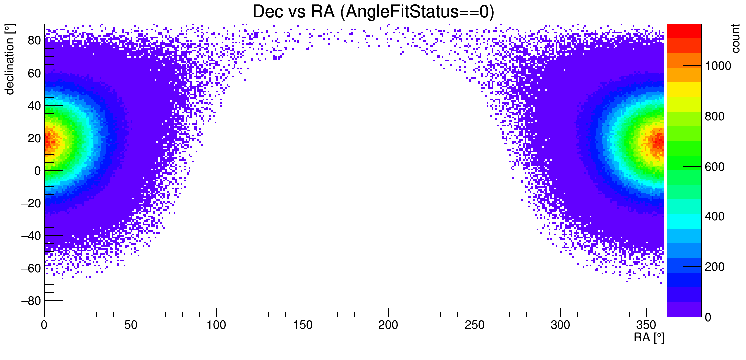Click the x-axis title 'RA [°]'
tap(649, 337)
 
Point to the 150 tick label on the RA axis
tap(303, 325)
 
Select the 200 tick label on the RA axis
tap(388, 325)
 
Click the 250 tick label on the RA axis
tap(475, 325)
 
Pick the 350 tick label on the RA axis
tap(647, 325)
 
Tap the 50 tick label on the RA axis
tap(131, 325)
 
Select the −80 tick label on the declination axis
tap(31, 301)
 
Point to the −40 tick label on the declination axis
tap(31, 235)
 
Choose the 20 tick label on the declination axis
tap(34, 138)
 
